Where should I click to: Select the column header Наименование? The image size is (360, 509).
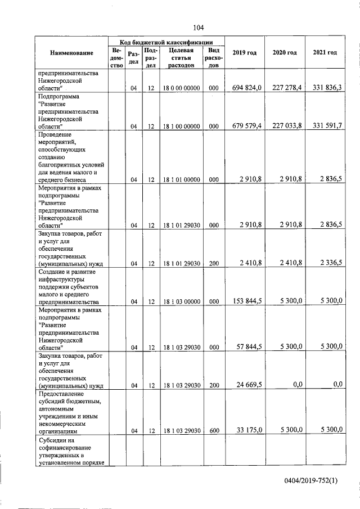(x=71, y=53)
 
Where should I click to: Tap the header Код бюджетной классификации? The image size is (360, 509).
(x=166, y=42)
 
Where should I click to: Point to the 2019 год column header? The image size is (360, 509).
(x=245, y=53)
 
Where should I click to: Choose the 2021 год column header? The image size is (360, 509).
(x=325, y=53)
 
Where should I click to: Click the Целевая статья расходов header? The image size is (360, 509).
(x=181, y=57)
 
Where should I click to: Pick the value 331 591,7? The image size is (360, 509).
(x=325, y=127)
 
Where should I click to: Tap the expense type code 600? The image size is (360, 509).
(x=214, y=431)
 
